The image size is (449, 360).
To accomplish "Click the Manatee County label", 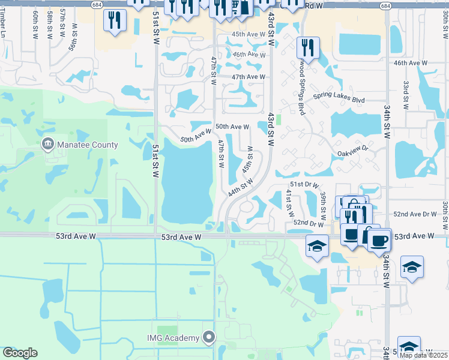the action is pyautogui.click(x=87, y=145).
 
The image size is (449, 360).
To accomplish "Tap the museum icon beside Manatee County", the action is pyautogui.click(x=47, y=145).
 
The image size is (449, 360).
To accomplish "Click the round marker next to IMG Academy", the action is pyautogui.click(x=209, y=338).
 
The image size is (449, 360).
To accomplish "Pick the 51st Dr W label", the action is pyautogui.click(x=304, y=185).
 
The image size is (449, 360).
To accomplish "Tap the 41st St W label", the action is pyautogui.click(x=290, y=203).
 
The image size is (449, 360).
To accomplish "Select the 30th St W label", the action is pyautogui.click(x=445, y=215).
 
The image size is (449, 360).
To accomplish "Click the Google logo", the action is pyautogui.click(x=20, y=352).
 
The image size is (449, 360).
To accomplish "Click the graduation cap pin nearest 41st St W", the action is pyautogui.click(x=316, y=245).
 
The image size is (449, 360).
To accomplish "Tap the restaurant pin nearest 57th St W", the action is pyautogui.click(x=113, y=20).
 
